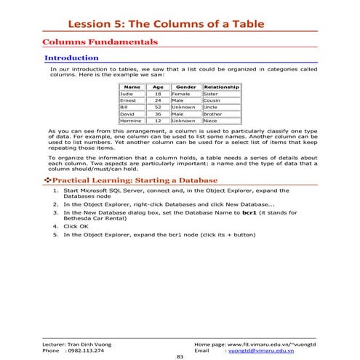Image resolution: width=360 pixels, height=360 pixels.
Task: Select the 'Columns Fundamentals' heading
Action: point(100,43)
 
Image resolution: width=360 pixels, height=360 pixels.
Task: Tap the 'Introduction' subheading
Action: point(71,57)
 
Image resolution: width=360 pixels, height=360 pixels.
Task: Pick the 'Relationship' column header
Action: point(221,87)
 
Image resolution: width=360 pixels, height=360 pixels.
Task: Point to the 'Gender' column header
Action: point(185,87)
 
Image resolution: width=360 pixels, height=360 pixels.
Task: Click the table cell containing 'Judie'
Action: point(127,95)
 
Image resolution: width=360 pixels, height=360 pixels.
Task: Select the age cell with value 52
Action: point(158,107)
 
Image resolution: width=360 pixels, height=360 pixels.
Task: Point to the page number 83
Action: point(180,356)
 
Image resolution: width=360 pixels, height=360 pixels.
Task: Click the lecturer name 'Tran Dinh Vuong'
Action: point(94,342)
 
